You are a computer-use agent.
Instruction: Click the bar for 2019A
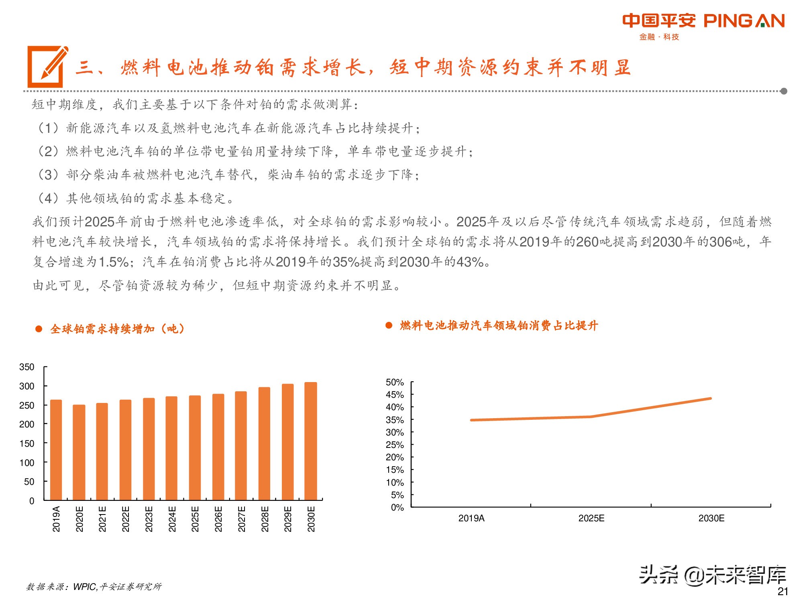56,449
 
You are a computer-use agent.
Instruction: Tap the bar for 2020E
79,452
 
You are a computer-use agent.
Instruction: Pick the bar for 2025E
195,447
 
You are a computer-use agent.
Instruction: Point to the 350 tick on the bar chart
27,367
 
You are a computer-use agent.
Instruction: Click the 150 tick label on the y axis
27,443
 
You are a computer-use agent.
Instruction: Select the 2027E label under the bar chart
241,519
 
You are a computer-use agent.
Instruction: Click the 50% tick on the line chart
395,382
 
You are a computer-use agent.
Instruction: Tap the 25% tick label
395,445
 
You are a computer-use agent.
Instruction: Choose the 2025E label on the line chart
591,518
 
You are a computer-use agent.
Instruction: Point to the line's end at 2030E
711,399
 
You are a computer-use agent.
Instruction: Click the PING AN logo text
744,21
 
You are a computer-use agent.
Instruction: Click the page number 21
783,591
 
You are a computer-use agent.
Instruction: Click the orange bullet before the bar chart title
39,329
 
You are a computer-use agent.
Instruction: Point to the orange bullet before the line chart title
389,325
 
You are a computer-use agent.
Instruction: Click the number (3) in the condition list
48,175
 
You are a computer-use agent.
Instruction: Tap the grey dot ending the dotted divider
784,91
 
